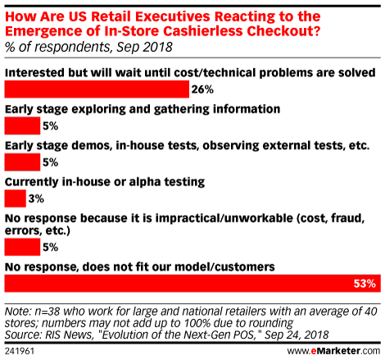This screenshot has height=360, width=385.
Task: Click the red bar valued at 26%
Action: (x=97, y=89)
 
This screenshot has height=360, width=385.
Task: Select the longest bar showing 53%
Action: (x=192, y=284)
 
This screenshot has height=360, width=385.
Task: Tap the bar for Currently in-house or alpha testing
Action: (x=16, y=198)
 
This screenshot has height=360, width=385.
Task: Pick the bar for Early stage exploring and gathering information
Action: (x=22, y=125)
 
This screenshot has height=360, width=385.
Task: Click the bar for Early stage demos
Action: (x=22, y=162)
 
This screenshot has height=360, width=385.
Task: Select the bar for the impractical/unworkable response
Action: (x=22, y=247)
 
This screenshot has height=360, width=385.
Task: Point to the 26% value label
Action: (x=202, y=89)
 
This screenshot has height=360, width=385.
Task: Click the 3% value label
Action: (x=36, y=198)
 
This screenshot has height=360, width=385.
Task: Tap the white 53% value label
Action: (x=365, y=284)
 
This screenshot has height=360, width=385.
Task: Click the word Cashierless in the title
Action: (x=202, y=31)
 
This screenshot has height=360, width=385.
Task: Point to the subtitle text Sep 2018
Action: (x=145, y=47)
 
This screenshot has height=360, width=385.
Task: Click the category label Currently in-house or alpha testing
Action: (x=105, y=182)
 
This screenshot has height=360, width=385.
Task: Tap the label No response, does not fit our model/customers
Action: (x=140, y=267)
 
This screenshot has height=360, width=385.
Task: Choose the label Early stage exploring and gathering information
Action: (x=143, y=109)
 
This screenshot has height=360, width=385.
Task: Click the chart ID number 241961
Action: (x=20, y=351)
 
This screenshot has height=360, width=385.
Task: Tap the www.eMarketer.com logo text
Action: (x=333, y=351)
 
